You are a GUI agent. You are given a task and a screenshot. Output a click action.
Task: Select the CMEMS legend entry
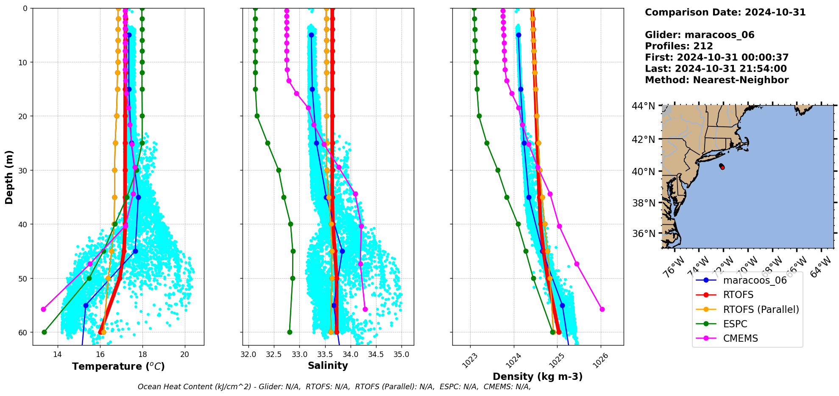[740, 338]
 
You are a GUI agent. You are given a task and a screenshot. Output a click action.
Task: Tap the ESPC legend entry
[735, 324]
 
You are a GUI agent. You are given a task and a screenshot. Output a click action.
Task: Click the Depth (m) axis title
[9, 177]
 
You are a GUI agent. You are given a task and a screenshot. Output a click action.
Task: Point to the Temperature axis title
[118, 366]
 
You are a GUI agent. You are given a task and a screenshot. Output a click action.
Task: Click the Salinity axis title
[328, 365]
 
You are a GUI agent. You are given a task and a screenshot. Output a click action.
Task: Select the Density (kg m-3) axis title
[538, 376]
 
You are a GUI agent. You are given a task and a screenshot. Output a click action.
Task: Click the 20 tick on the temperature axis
[184, 354]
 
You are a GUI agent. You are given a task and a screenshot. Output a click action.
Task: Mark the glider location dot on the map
[722, 167]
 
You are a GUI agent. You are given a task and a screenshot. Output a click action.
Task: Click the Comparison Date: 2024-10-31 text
[725, 12]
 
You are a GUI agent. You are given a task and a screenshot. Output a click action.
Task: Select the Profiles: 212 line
[679, 46]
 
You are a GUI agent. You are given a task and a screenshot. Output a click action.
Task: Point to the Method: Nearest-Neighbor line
[716, 80]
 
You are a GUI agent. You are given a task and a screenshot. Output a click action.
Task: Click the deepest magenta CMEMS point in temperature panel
[43, 309]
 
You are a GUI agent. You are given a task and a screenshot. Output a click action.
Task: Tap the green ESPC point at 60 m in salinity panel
[290, 332]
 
